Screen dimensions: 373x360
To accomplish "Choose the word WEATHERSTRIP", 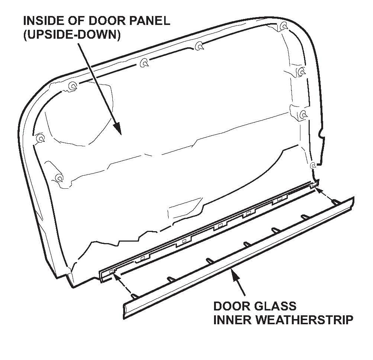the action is coord(307,320).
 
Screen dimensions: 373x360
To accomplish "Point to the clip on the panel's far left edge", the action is coord(40,138).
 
